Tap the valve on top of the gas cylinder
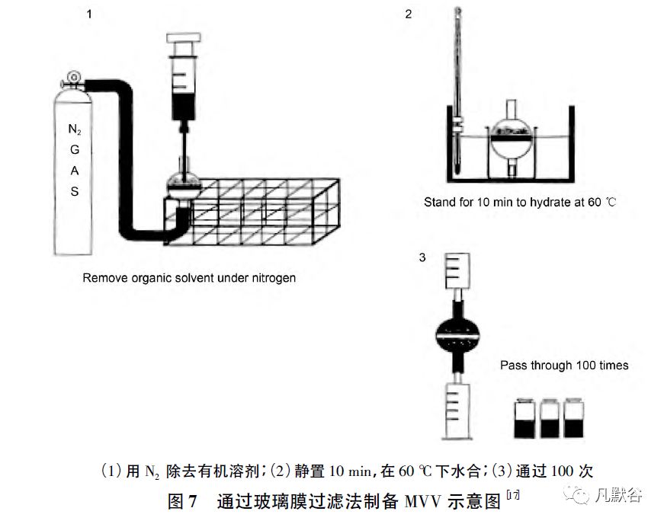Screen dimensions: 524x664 74,77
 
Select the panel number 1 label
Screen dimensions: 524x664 89,13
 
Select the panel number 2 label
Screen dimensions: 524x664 409,14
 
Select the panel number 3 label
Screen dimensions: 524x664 422,257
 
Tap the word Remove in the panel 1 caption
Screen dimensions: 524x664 104,279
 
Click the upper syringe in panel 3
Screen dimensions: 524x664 456,283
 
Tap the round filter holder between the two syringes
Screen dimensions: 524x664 457,334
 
